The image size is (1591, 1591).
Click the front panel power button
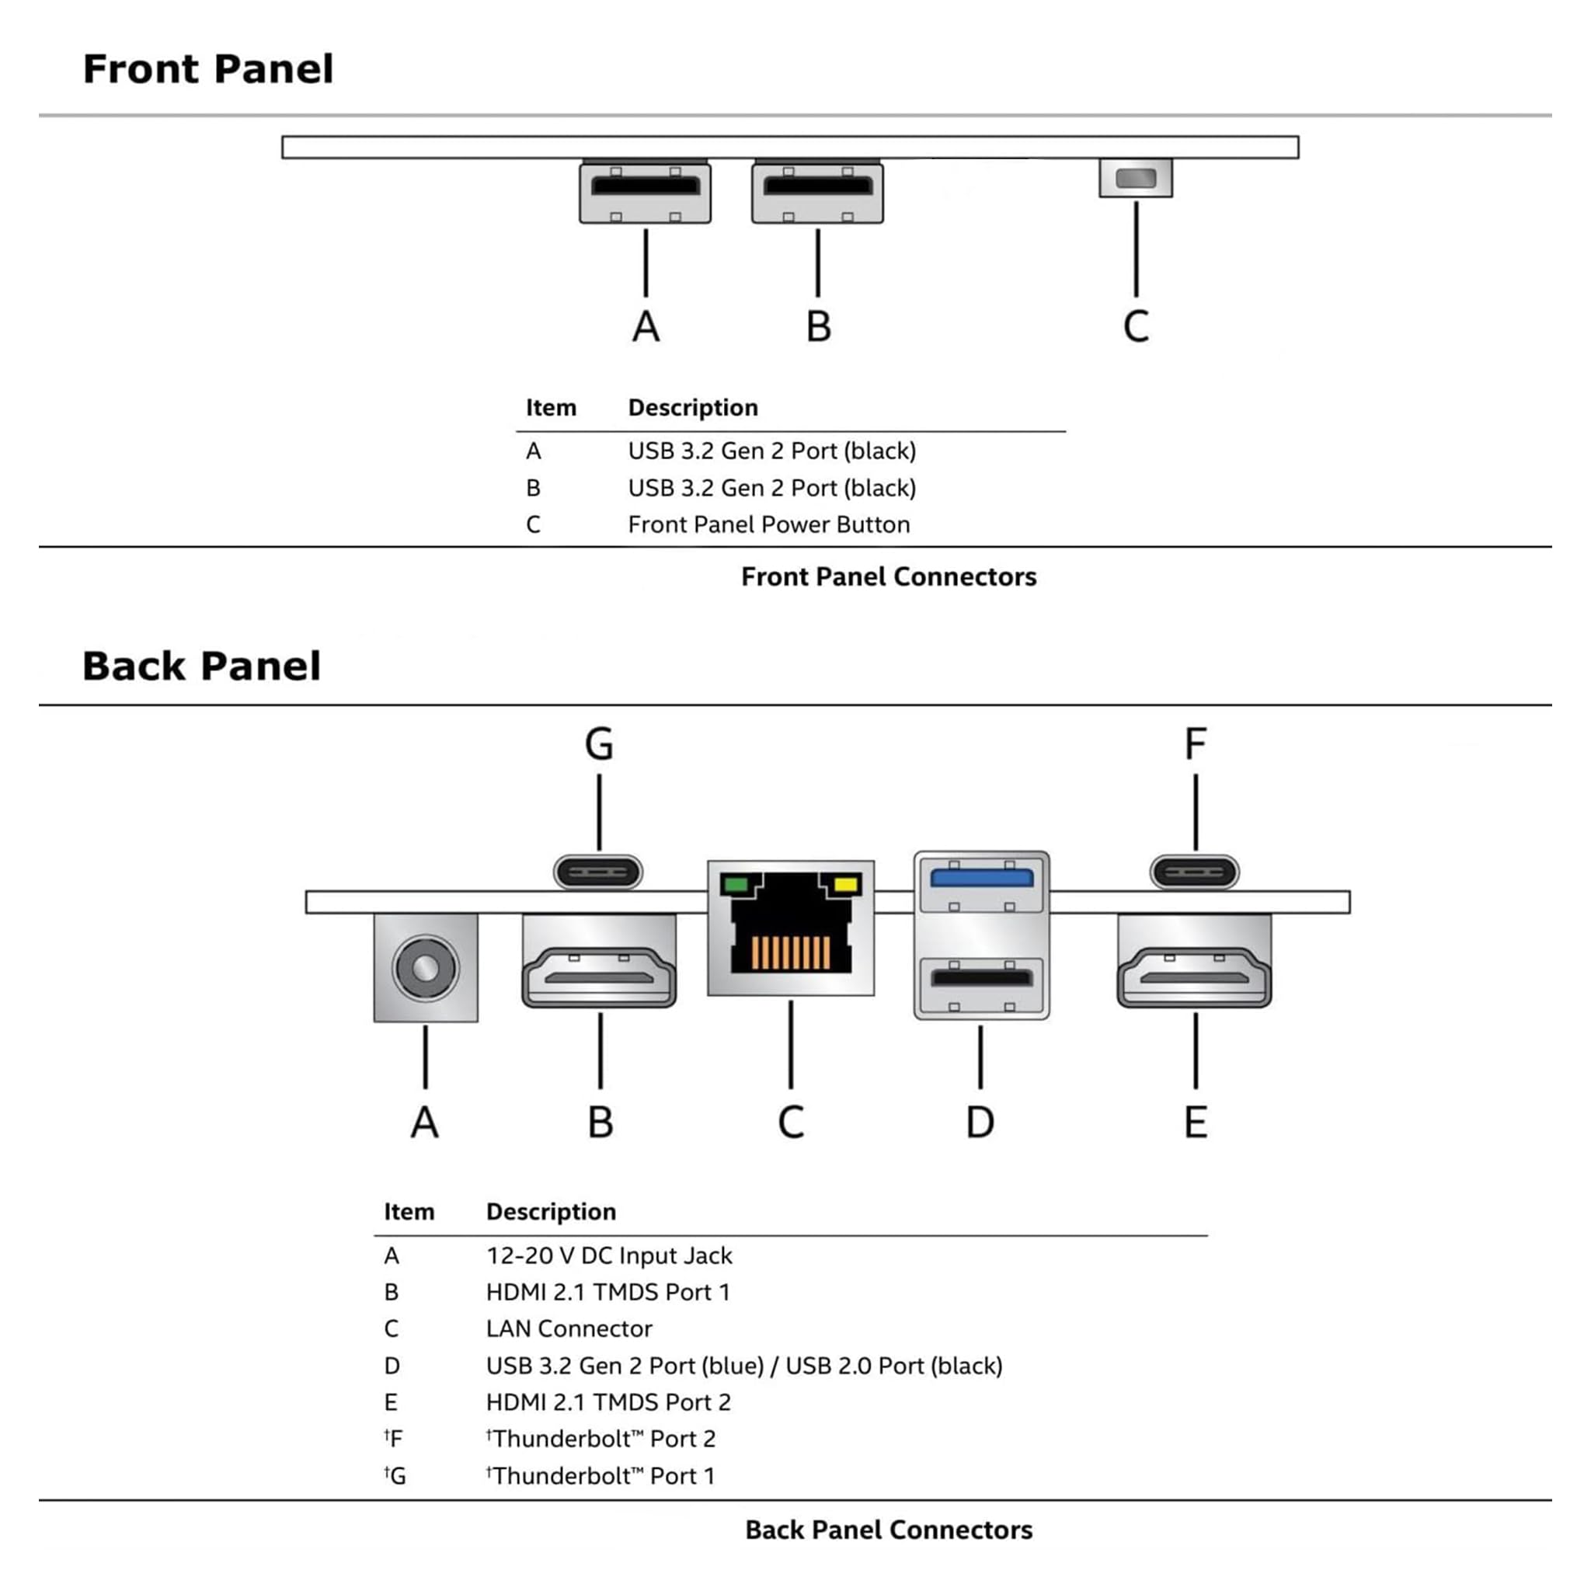1136,178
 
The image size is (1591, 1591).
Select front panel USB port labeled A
645,193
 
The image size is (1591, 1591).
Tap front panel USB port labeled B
817,193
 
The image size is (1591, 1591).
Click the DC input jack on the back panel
425,968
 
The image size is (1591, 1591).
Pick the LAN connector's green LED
733,886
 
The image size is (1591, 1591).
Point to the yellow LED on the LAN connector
847,886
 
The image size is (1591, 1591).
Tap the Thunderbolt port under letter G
598,872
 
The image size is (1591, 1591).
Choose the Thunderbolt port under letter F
1195,872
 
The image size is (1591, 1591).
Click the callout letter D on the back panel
980,1122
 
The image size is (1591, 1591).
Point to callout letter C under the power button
1136,326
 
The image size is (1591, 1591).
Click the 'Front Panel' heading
208,68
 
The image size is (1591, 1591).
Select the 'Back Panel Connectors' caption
889,1529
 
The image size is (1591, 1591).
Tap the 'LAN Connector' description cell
569,1328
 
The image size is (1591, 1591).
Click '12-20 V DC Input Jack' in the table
608,1255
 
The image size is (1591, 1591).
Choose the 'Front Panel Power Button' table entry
769,524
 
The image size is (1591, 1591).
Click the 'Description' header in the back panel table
551,1211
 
